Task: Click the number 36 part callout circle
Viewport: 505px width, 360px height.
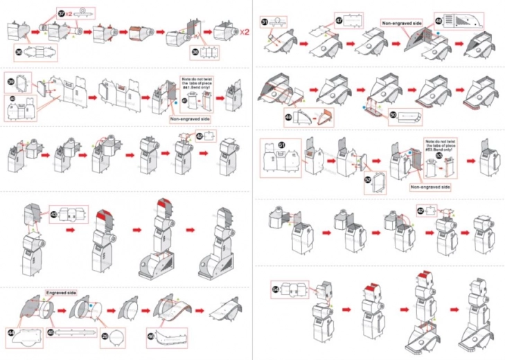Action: click(x=19, y=51)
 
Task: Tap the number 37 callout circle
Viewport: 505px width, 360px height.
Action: click(x=62, y=13)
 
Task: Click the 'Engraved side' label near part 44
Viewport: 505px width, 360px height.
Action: click(x=61, y=293)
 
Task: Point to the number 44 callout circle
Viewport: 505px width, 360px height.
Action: click(x=12, y=333)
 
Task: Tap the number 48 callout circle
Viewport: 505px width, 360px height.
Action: click(x=438, y=21)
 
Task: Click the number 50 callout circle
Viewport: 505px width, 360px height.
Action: click(x=393, y=116)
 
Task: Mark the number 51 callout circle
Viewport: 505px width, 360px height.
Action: click(x=282, y=145)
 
